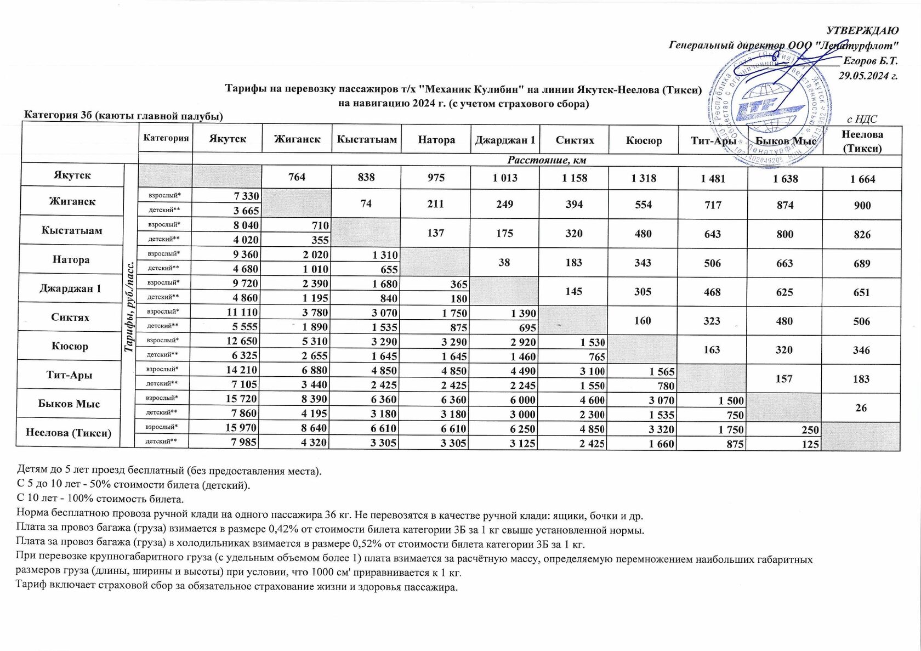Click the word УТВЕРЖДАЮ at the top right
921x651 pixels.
click(862, 31)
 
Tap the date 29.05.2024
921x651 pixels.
click(868, 76)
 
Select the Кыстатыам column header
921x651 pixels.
click(367, 139)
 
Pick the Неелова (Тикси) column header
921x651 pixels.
click(862, 141)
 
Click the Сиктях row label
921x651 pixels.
click(70, 318)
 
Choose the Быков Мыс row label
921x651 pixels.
click(69, 404)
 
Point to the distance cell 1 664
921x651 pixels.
click(862, 179)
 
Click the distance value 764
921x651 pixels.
click(297, 177)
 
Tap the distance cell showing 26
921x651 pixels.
click(861, 407)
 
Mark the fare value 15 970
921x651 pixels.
click(241, 428)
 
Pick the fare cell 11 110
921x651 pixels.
click(242, 312)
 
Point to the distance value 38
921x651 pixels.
click(504, 262)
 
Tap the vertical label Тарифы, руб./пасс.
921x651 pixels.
click(130, 307)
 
